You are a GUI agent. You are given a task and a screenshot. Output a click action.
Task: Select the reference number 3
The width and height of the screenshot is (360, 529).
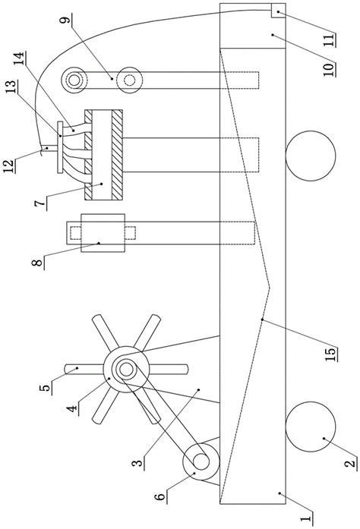(137, 462)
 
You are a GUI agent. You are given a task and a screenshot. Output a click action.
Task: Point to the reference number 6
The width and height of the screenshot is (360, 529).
(161, 496)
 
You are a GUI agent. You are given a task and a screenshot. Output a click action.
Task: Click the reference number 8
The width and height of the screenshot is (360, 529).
(38, 263)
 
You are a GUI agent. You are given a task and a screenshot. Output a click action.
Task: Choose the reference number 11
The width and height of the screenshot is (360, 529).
(330, 39)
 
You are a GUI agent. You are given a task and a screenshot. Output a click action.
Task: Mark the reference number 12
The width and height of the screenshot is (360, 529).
(11, 165)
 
